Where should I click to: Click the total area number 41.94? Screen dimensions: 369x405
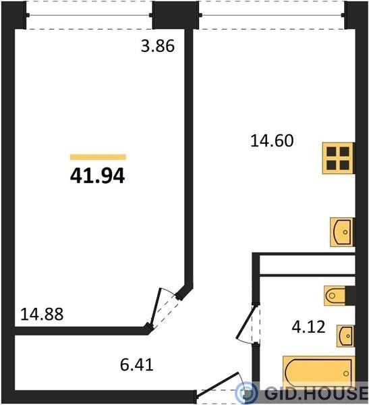(97, 176)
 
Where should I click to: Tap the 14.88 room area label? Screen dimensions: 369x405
(42, 315)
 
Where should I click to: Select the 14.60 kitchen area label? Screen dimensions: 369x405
(272, 141)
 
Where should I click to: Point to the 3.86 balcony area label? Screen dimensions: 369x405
(158, 46)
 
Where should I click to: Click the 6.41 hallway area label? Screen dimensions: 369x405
(137, 364)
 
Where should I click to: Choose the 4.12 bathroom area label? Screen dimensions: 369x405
(308, 327)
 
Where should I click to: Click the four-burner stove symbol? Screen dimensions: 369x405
(338, 158)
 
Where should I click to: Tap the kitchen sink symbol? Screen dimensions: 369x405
(342, 232)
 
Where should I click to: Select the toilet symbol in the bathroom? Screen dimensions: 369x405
(335, 296)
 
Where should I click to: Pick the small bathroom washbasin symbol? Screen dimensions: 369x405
(345, 335)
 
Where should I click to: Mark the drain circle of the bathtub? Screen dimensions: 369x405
(346, 373)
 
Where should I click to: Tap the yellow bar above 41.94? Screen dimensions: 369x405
(98, 157)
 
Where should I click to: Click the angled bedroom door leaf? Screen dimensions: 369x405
(156, 307)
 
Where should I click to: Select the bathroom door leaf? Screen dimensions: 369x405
(246, 321)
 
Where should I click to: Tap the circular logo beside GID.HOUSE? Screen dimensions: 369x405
(246, 393)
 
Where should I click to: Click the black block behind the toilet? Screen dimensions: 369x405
(350, 296)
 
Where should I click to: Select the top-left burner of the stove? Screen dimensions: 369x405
(331, 152)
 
